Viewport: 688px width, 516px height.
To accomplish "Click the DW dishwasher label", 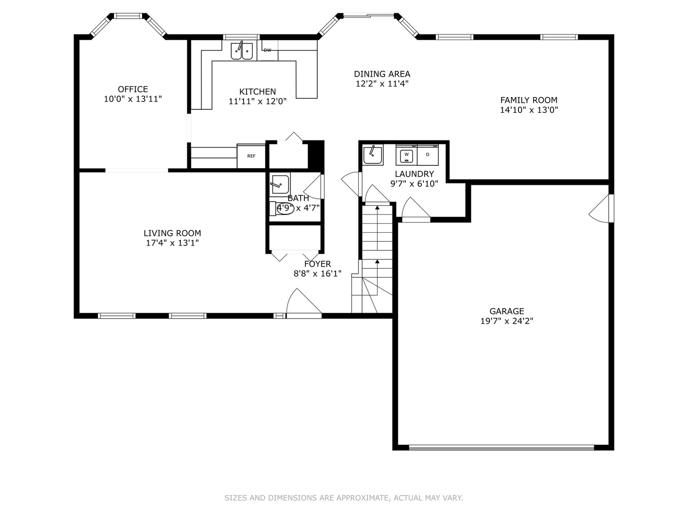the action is (267, 50).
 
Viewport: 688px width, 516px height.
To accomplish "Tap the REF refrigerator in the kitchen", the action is (251, 156).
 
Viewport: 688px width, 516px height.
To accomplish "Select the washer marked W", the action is (406, 155).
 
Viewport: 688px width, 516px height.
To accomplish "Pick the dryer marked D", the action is (428, 155).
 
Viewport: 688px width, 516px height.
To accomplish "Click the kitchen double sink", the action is (242, 51).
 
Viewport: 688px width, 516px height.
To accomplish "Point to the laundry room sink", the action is (373, 154).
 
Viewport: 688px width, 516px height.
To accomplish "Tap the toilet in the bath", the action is (282, 208).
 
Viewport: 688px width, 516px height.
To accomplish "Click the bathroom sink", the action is (280, 184).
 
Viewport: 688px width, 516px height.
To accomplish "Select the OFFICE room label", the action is (133, 89).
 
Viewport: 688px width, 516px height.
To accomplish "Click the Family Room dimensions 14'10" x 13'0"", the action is (529, 110).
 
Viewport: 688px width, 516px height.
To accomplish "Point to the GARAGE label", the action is (507, 311).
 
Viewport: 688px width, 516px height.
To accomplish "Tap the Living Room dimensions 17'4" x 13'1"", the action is (172, 243).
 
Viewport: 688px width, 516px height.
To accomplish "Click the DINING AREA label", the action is (382, 74).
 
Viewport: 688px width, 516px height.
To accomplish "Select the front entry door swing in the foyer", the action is (304, 302).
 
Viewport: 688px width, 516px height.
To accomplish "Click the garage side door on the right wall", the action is (601, 209).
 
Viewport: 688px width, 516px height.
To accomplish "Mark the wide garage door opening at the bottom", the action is (502, 447).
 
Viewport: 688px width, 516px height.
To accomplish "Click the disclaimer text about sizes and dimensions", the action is (344, 498).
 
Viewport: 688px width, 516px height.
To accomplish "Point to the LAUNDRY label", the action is (414, 174).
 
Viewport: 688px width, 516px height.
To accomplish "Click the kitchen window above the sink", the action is (241, 37).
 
